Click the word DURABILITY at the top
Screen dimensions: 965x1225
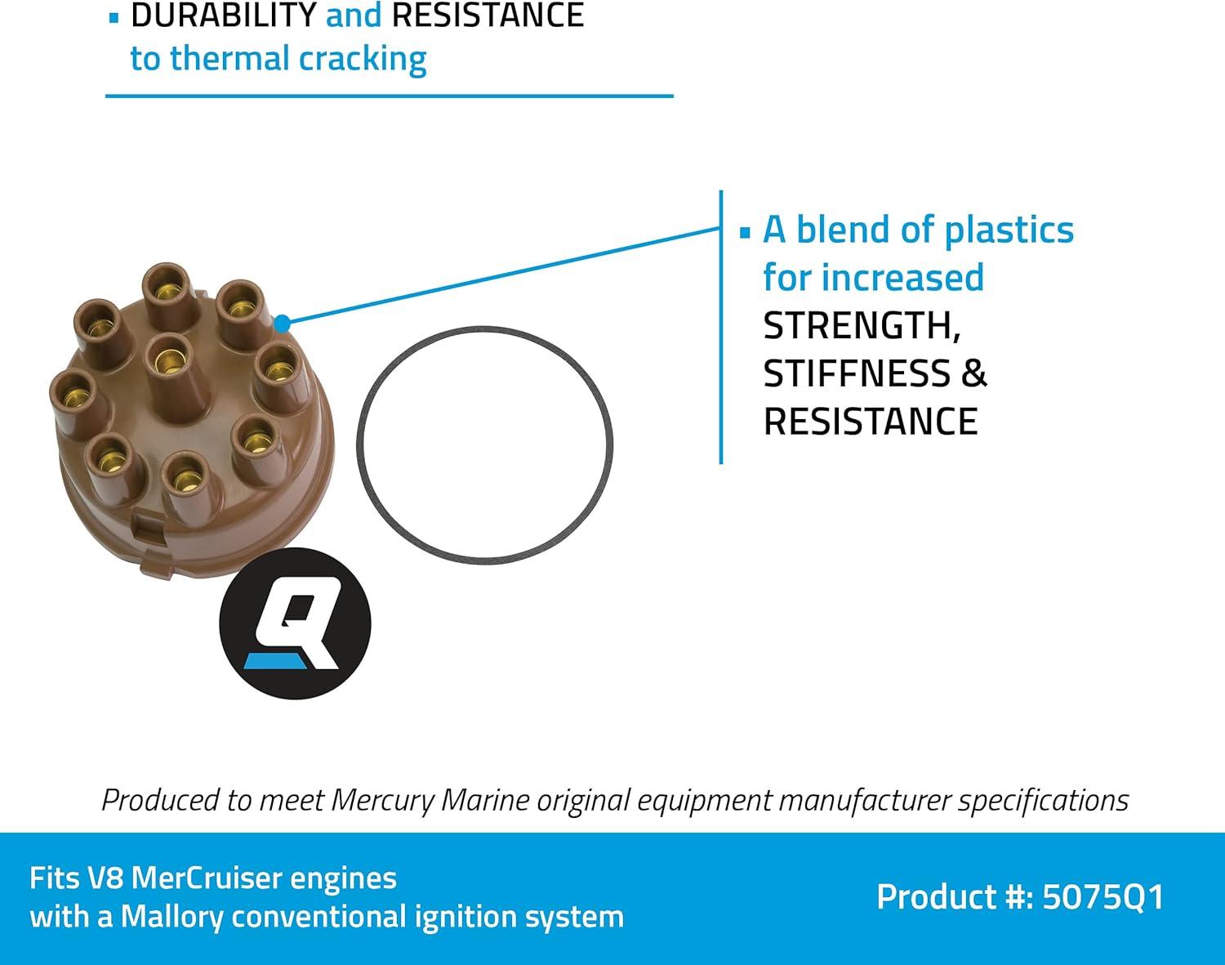[x=223, y=15]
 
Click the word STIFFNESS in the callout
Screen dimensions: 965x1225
[x=857, y=373]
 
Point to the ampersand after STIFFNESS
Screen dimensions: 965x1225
[x=974, y=373]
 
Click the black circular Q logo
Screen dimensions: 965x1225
[x=295, y=623]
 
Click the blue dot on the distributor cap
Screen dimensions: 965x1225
[x=282, y=324]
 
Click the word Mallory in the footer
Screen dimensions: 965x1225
[x=171, y=917]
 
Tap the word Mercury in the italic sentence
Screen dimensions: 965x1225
[x=381, y=800]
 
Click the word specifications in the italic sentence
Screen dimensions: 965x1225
[x=1043, y=800]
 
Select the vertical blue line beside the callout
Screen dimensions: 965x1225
[x=720, y=327]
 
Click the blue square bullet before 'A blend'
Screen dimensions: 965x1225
[x=744, y=233]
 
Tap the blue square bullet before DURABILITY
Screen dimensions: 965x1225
[x=113, y=17]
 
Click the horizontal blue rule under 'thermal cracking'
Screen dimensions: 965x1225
[x=389, y=96]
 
